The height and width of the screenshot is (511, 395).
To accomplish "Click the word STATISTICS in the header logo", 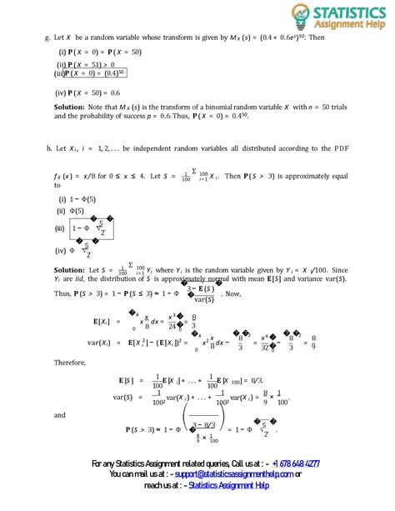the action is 349,13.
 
